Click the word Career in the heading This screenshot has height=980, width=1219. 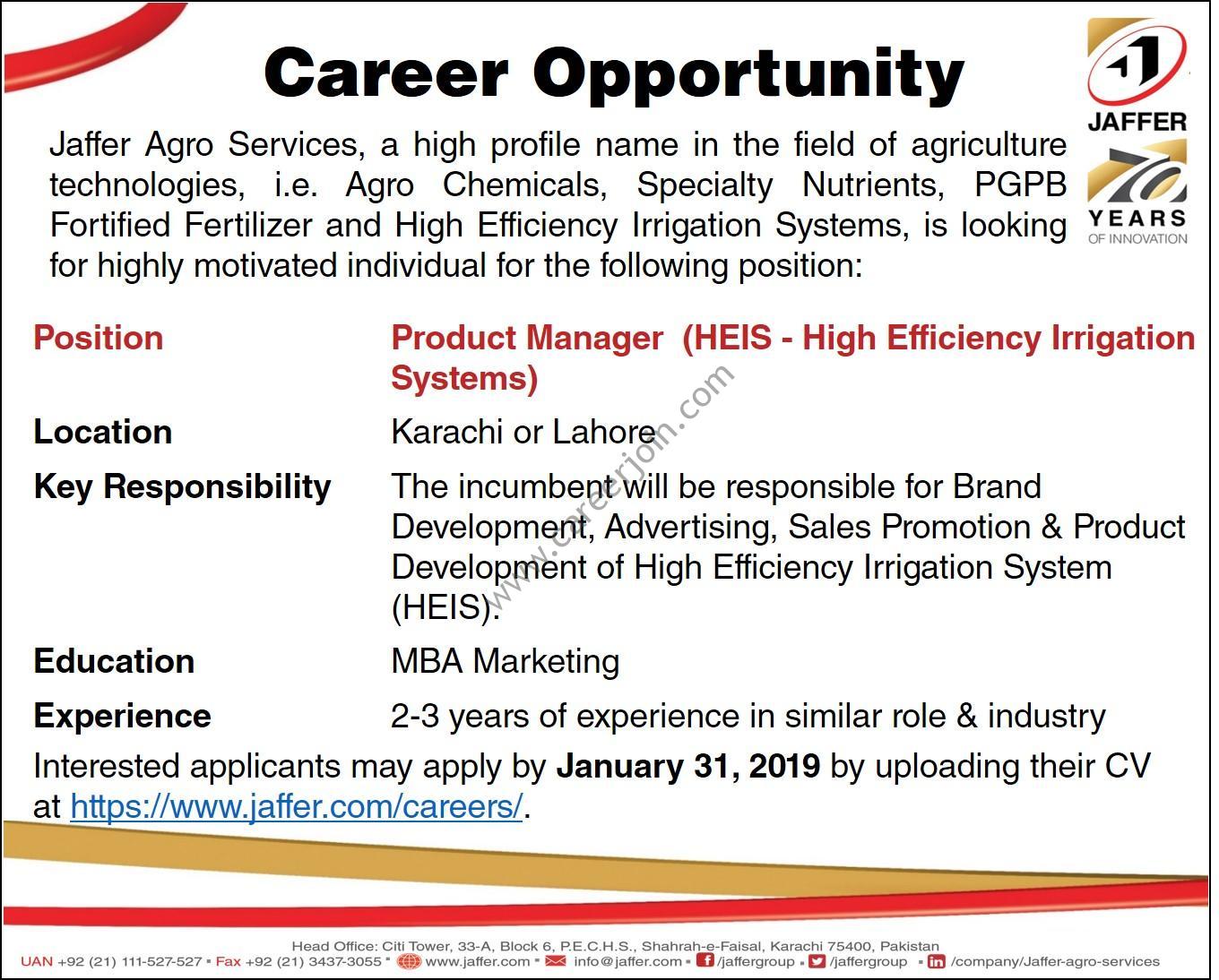(386, 74)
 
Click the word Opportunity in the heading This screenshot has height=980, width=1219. (748, 76)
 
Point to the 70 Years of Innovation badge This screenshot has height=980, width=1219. (1137, 193)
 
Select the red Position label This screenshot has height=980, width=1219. (98, 339)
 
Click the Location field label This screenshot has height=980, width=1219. (102, 432)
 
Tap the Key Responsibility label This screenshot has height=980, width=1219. (182, 487)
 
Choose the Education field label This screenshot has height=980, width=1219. (114, 661)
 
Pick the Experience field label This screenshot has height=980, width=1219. (123, 717)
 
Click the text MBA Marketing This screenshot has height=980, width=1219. (506, 662)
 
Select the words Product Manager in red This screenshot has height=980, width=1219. (527, 339)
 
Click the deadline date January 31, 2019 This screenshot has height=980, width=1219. (688, 766)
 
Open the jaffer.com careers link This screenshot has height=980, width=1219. (297, 806)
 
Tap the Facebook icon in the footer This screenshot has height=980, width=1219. (705, 961)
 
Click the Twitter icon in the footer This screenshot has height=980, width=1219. (817, 961)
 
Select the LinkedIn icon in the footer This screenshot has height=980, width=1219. (937, 961)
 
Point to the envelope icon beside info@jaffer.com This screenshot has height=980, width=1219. (556, 961)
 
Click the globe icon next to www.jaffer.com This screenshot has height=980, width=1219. (409, 961)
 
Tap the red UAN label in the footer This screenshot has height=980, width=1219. (37, 961)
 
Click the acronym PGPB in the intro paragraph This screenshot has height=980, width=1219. (1021, 185)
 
